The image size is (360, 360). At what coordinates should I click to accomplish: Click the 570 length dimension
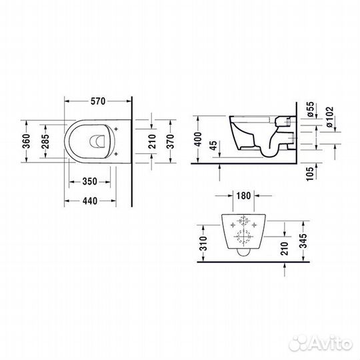click(98, 101)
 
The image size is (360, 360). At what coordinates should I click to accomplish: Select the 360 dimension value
click(27, 141)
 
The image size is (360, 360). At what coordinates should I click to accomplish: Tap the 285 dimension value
click(45, 141)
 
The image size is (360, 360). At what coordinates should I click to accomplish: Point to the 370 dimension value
click(171, 141)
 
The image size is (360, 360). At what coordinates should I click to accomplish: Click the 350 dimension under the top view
click(90, 181)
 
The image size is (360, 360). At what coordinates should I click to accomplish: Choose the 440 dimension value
click(90, 201)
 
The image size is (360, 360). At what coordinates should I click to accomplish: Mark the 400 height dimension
click(198, 139)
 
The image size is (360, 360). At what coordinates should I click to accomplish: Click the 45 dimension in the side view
click(213, 145)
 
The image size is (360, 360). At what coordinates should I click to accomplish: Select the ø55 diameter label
click(310, 109)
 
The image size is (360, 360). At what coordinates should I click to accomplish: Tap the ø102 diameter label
click(330, 117)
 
